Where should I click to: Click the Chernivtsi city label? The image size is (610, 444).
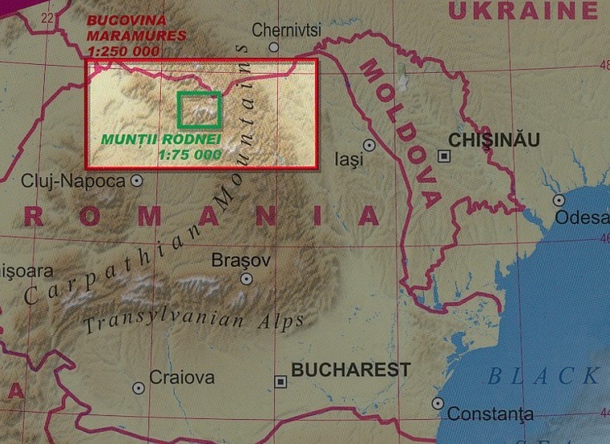[286, 30]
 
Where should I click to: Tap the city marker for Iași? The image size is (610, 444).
[369, 145]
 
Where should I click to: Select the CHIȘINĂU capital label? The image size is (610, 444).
[495, 140]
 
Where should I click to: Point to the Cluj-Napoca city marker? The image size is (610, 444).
[137, 181]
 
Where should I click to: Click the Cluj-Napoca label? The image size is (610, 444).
[74, 181]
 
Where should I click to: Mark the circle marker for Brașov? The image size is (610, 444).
[247, 279]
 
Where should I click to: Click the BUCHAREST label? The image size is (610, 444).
[350, 370]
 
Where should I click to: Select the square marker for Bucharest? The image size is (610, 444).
[280, 381]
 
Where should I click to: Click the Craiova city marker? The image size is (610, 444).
[139, 388]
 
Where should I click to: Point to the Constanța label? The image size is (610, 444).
[490, 414]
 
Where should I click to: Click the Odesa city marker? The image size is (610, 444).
[559, 200]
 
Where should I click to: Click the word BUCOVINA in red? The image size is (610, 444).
[128, 19]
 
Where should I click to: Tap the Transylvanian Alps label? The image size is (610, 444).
[194, 321]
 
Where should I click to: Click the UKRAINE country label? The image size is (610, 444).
[523, 11]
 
